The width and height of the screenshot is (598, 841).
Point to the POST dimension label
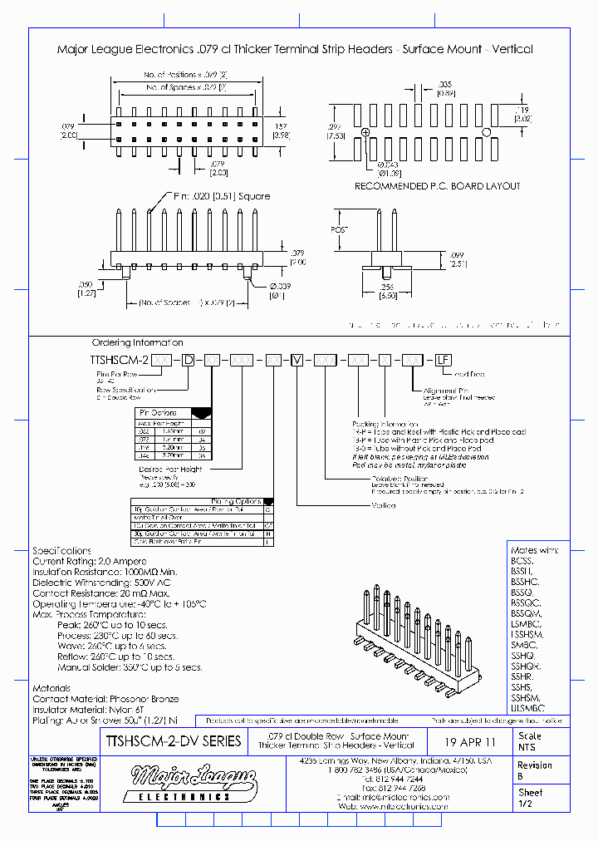pos(338,229)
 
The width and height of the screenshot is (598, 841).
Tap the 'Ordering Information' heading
pos(137,342)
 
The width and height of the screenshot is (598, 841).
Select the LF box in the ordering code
pos(443,359)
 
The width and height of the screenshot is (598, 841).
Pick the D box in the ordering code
pos(189,359)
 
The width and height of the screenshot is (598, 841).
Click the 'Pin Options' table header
pos(163,412)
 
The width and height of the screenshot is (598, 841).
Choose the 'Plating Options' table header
pos(237,501)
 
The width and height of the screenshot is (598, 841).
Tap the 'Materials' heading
pos(51,688)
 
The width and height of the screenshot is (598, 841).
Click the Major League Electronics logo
pos(194,783)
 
